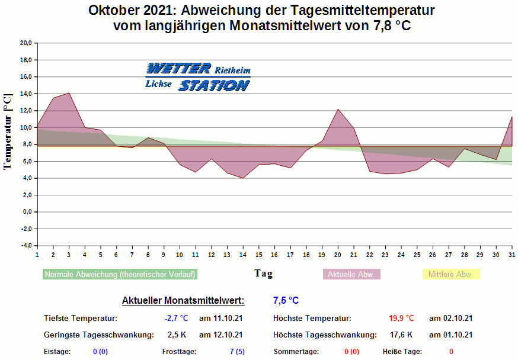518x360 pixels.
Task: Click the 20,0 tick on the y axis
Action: coord(26,43)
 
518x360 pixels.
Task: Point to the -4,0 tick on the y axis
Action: coord(26,245)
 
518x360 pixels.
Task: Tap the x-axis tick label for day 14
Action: coord(243,255)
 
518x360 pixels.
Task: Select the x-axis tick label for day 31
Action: coord(512,255)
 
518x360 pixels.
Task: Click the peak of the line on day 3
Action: coord(69,93)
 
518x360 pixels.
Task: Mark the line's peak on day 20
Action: coord(338,109)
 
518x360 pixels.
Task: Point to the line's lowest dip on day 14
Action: coord(243,178)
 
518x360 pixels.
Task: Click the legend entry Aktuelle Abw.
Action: coord(351,274)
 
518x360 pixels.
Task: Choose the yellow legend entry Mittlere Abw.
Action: coord(450,274)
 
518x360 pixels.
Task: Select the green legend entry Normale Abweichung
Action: coord(120,274)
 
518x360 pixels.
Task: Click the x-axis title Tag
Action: coord(264,273)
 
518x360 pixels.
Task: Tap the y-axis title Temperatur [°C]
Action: coord(8,131)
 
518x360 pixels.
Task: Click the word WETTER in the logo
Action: coord(178,69)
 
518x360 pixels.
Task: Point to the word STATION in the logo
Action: coord(213,85)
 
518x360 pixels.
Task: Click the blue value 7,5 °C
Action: coord(286,300)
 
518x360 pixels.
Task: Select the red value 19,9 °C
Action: coord(401,318)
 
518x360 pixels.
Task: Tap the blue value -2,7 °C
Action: coord(176,318)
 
